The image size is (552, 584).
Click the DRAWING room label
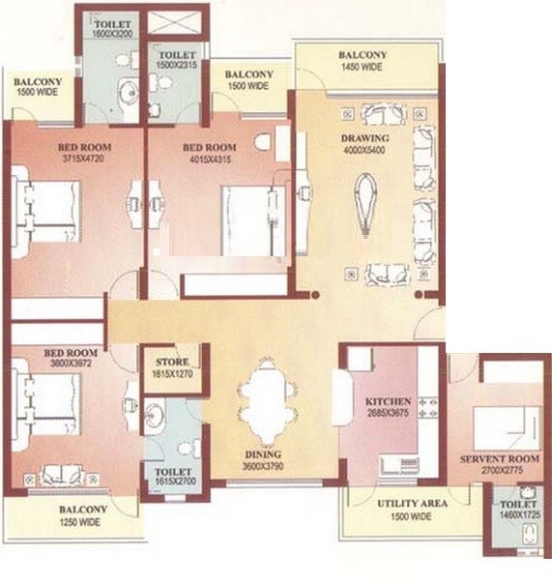point(363,138)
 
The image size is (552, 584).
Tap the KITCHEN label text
point(389,400)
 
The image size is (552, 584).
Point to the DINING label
point(262,454)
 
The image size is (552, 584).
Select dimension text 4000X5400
point(363,152)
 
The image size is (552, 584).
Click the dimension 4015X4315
point(206,161)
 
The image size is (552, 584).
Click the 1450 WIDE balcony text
point(363,68)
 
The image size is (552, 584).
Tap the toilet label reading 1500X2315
point(177,63)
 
